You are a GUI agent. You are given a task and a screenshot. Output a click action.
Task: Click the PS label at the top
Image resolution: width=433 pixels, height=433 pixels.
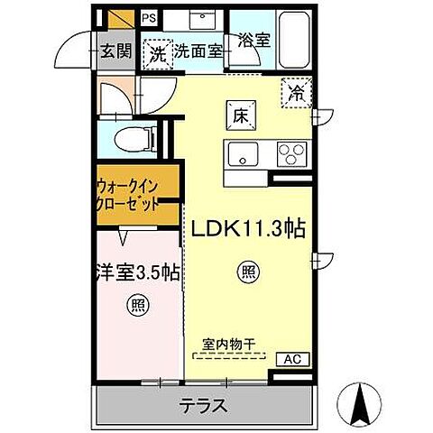pyautogui.click(x=149, y=17)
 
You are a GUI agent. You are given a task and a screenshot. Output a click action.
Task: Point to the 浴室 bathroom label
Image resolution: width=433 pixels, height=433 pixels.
pyautogui.click(x=253, y=41)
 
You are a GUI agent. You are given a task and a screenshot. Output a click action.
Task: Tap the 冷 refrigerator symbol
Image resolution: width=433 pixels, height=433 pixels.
pyautogui.click(x=296, y=91)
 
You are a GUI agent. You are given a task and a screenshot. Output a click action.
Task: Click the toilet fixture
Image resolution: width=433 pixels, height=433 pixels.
pyautogui.click(x=135, y=138)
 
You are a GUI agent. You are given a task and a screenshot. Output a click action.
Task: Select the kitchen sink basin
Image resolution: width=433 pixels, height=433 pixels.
pyautogui.click(x=242, y=153)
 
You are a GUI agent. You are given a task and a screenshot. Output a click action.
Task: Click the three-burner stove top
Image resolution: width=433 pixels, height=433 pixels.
pyautogui.click(x=290, y=152)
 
